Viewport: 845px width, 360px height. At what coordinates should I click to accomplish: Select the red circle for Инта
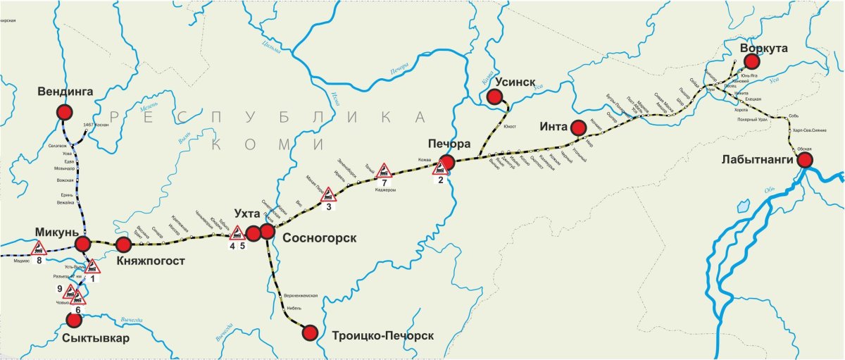578,128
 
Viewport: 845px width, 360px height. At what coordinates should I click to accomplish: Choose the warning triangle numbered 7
384,170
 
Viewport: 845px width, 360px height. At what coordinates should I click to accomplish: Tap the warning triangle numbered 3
328,194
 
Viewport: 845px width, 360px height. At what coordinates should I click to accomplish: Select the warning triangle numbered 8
39,247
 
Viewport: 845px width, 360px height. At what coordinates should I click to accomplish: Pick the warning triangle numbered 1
93,266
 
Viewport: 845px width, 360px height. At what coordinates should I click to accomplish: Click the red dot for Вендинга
65,112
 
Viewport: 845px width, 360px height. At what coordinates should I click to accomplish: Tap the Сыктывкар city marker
73,320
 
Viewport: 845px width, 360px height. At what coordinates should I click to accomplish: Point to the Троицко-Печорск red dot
309,333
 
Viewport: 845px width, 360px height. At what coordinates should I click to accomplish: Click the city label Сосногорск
319,238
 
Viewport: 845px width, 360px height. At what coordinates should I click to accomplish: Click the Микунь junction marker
83,244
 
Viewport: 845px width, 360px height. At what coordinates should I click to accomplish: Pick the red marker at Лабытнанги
804,160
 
